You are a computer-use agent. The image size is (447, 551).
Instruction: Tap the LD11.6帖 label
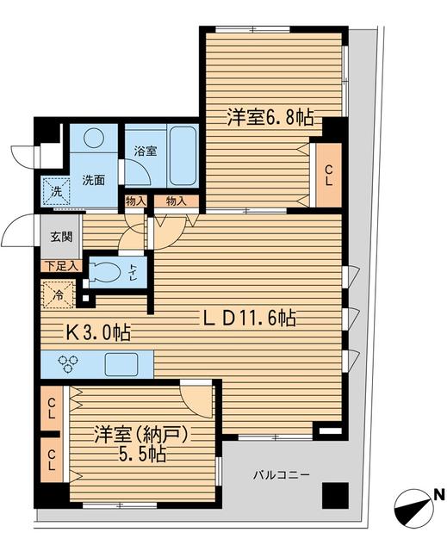pos(250,319)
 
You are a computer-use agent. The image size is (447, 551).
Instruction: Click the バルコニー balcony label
pos(282,474)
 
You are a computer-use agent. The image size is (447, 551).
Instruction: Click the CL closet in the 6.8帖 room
pos(329,176)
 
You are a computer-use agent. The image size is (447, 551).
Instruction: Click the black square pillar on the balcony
pos(333,498)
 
